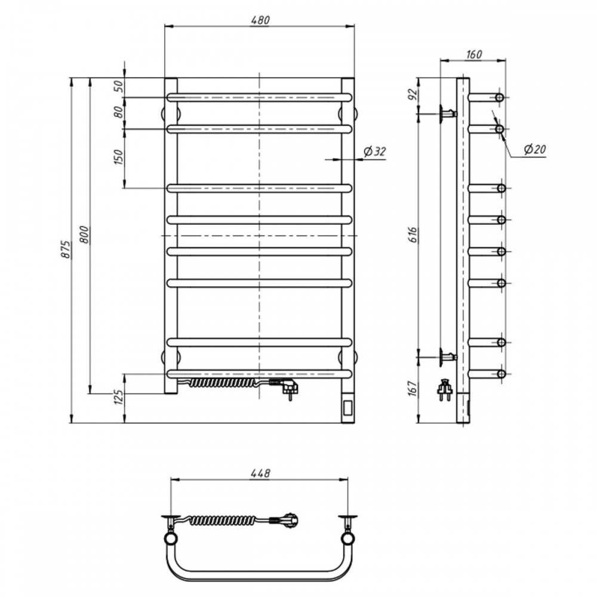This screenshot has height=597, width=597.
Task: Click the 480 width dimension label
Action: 260,20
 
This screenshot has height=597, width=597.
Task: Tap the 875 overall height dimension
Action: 66,250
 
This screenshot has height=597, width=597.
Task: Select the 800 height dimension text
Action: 84,235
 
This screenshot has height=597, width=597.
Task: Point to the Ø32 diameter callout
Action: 375,152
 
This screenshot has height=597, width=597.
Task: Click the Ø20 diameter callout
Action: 535,149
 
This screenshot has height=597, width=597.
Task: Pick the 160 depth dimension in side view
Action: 473,54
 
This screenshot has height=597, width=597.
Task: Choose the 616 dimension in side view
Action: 414,235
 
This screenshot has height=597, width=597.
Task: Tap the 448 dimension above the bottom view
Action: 260,473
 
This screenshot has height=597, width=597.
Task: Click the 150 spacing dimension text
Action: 119,157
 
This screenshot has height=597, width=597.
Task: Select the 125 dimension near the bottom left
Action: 119,398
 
